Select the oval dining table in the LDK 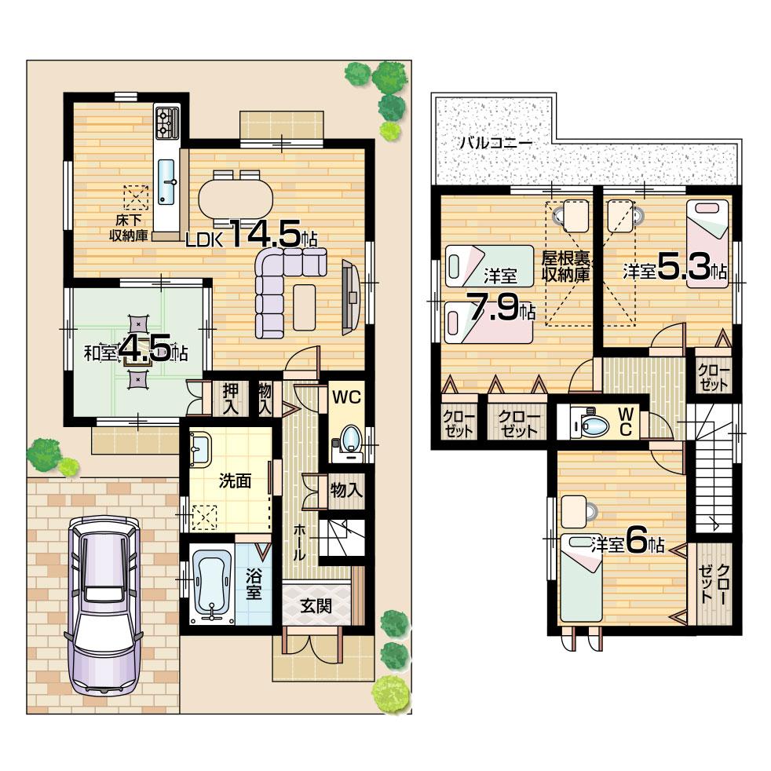(236, 196)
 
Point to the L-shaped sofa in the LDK (279, 287)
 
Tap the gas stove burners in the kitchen (167, 121)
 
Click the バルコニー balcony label (495, 144)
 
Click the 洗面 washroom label (235, 481)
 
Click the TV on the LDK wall (350, 297)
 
